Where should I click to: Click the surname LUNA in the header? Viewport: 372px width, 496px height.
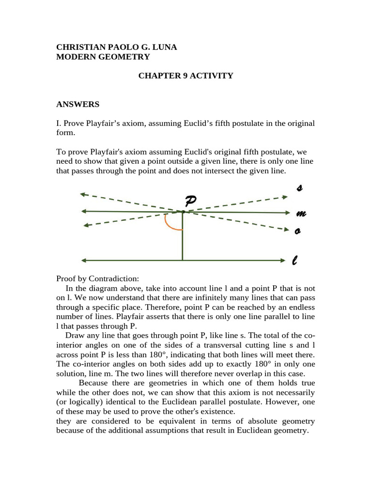(x=164, y=47)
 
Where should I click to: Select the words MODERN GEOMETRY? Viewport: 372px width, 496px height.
(x=103, y=57)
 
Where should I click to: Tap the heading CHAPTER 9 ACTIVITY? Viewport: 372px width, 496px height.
(x=186, y=76)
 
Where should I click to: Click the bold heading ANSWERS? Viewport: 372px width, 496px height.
(x=77, y=104)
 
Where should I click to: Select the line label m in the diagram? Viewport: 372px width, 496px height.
(x=300, y=213)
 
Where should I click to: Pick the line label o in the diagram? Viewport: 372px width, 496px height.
(x=298, y=232)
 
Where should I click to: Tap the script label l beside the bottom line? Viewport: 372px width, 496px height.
(x=295, y=261)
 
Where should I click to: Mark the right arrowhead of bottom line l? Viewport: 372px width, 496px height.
(x=283, y=261)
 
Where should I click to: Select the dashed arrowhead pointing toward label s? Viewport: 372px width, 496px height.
(x=284, y=197)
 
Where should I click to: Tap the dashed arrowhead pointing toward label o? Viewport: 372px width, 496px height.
(x=284, y=229)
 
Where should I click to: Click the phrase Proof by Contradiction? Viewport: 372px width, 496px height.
(x=97, y=279)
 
